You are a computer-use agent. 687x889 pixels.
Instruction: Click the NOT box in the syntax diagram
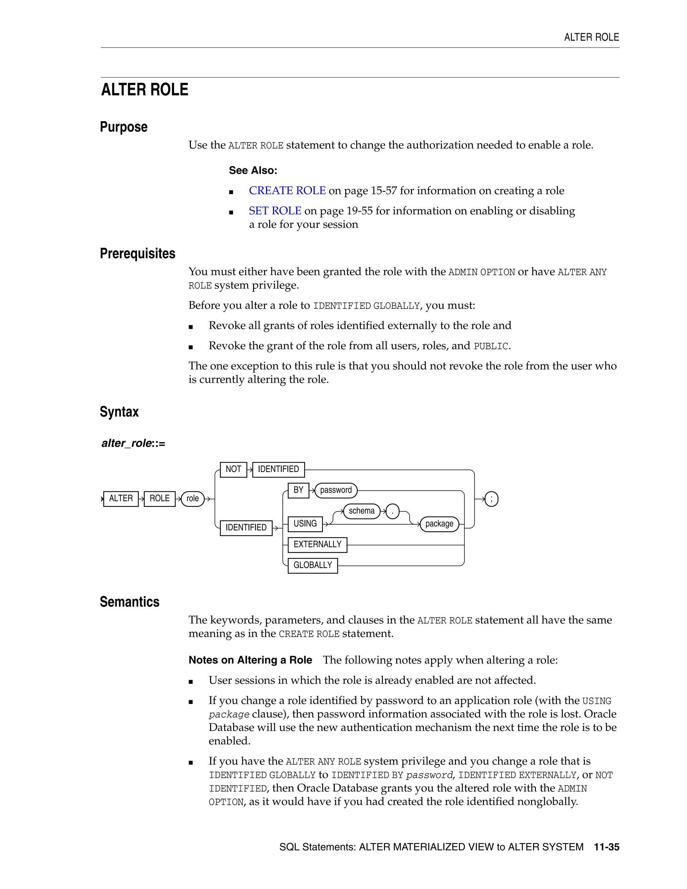tap(233, 469)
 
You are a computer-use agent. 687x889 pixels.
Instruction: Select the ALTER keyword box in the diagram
tap(121, 499)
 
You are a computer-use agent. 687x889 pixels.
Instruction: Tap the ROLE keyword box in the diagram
tap(160, 499)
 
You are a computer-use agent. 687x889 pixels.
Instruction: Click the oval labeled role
tap(193, 499)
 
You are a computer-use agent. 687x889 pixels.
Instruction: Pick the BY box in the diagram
tap(298, 490)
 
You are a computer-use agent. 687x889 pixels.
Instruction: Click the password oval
tap(336, 490)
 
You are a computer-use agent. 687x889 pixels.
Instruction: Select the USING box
tap(305, 524)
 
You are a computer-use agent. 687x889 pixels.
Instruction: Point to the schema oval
tap(361, 511)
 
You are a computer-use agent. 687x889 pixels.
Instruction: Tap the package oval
tap(439, 524)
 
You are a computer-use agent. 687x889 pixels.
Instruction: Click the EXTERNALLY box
tap(317, 544)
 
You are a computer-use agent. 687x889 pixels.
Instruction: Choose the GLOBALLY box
tap(313, 565)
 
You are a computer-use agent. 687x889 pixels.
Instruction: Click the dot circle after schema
tap(392, 511)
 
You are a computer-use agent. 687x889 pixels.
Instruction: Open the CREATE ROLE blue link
tap(287, 191)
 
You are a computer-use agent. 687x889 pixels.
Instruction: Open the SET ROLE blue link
tap(275, 211)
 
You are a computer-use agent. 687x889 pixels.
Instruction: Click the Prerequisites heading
tap(138, 254)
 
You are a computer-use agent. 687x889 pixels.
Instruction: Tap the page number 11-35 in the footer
tap(606, 847)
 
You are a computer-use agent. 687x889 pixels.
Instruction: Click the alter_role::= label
tap(133, 443)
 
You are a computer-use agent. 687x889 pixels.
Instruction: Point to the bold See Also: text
tap(253, 170)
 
